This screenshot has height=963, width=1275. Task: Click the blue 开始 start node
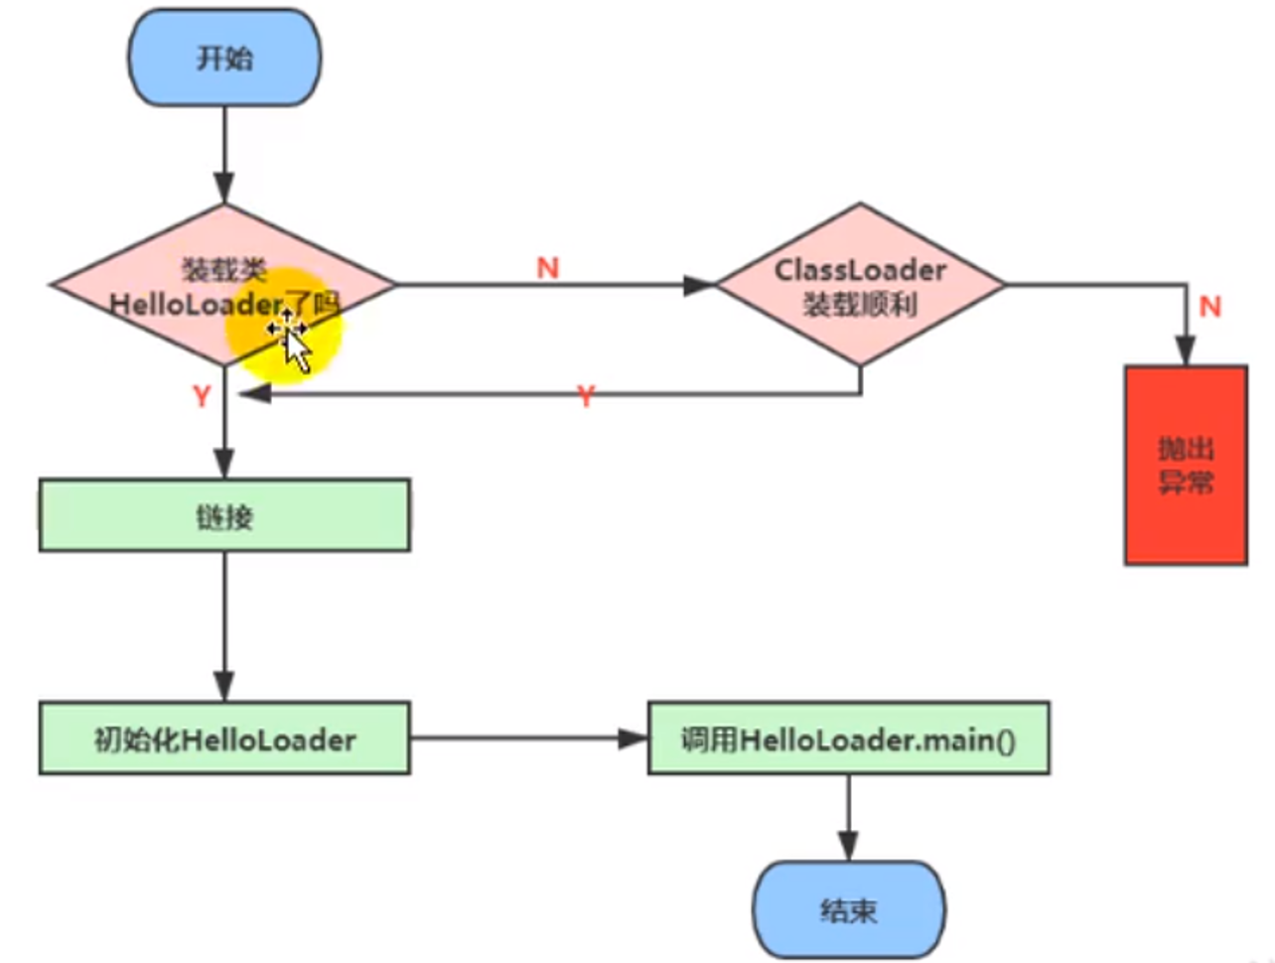pyautogui.click(x=224, y=58)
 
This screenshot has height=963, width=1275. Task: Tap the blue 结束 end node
pyautogui.click(x=848, y=909)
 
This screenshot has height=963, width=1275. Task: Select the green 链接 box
pyautogui.click(x=224, y=515)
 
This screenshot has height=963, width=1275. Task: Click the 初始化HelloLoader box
pyautogui.click(x=224, y=739)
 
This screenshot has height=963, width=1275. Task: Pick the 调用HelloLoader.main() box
pyautogui.click(x=848, y=739)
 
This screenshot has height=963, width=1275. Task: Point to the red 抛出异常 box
pyautogui.click(x=1186, y=465)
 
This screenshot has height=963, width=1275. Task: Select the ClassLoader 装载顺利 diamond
pyautogui.click(x=860, y=286)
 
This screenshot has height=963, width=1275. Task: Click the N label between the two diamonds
pyautogui.click(x=548, y=267)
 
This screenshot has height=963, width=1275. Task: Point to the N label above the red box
pyautogui.click(x=1209, y=306)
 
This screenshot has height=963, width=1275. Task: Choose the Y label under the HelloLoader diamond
pyautogui.click(x=202, y=396)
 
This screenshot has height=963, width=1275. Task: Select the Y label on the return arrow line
pyautogui.click(x=586, y=396)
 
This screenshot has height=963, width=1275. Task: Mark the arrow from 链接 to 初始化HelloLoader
pyautogui.click(x=224, y=625)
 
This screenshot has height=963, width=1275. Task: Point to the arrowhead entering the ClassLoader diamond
pyautogui.click(x=700, y=285)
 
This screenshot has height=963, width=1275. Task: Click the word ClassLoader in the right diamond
pyautogui.click(x=860, y=269)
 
